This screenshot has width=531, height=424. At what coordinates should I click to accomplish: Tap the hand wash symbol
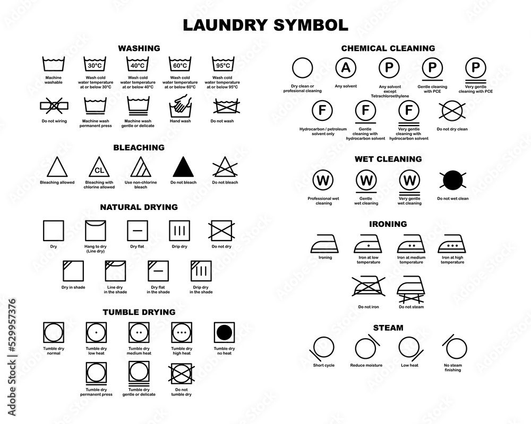[180, 107]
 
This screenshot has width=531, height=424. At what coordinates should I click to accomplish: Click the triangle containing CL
[98, 168]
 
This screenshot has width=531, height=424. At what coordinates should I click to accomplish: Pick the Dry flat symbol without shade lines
[138, 231]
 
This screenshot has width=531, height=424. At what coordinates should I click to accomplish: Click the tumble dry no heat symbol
[224, 332]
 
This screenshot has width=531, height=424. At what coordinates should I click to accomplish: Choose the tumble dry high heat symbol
[181, 332]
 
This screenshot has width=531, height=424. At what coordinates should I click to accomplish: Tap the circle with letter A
[346, 68]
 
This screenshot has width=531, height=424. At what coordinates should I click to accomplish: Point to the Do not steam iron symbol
[410, 288]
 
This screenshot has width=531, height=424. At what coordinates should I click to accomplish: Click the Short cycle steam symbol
[323, 348]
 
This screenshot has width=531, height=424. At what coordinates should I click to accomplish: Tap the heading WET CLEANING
[388, 158]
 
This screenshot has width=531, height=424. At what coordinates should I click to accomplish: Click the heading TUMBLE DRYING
[138, 312]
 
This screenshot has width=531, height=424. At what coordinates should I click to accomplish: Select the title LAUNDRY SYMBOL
[265, 24]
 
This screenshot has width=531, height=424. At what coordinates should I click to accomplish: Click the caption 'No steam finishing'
[453, 367]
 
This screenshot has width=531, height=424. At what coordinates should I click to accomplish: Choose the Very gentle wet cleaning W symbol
[409, 180]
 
